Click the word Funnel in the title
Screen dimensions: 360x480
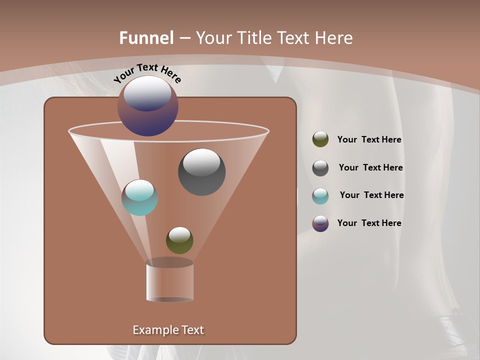[146, 37]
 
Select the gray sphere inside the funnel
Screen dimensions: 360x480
[202, 172]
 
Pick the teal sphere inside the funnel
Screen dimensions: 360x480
[139, 197]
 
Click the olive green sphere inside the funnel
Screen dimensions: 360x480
[179, 240]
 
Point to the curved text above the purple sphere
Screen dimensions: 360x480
[147, 73]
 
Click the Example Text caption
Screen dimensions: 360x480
[168, 329]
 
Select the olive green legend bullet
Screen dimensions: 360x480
[320, 139]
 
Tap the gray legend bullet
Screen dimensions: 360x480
[320, 168]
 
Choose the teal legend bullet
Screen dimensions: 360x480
[320, 195]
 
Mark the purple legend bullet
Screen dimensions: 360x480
[320, 223]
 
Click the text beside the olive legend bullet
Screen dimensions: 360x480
[369, 139]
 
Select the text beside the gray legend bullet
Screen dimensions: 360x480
[370, 167]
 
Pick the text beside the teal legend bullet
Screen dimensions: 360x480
[371, 195]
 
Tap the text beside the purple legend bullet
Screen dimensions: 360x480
[369, 223]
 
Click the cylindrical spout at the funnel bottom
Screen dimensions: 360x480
[169, 281]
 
